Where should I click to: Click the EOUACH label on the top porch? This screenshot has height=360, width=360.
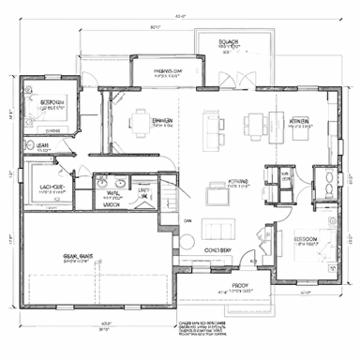click(230, 43)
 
